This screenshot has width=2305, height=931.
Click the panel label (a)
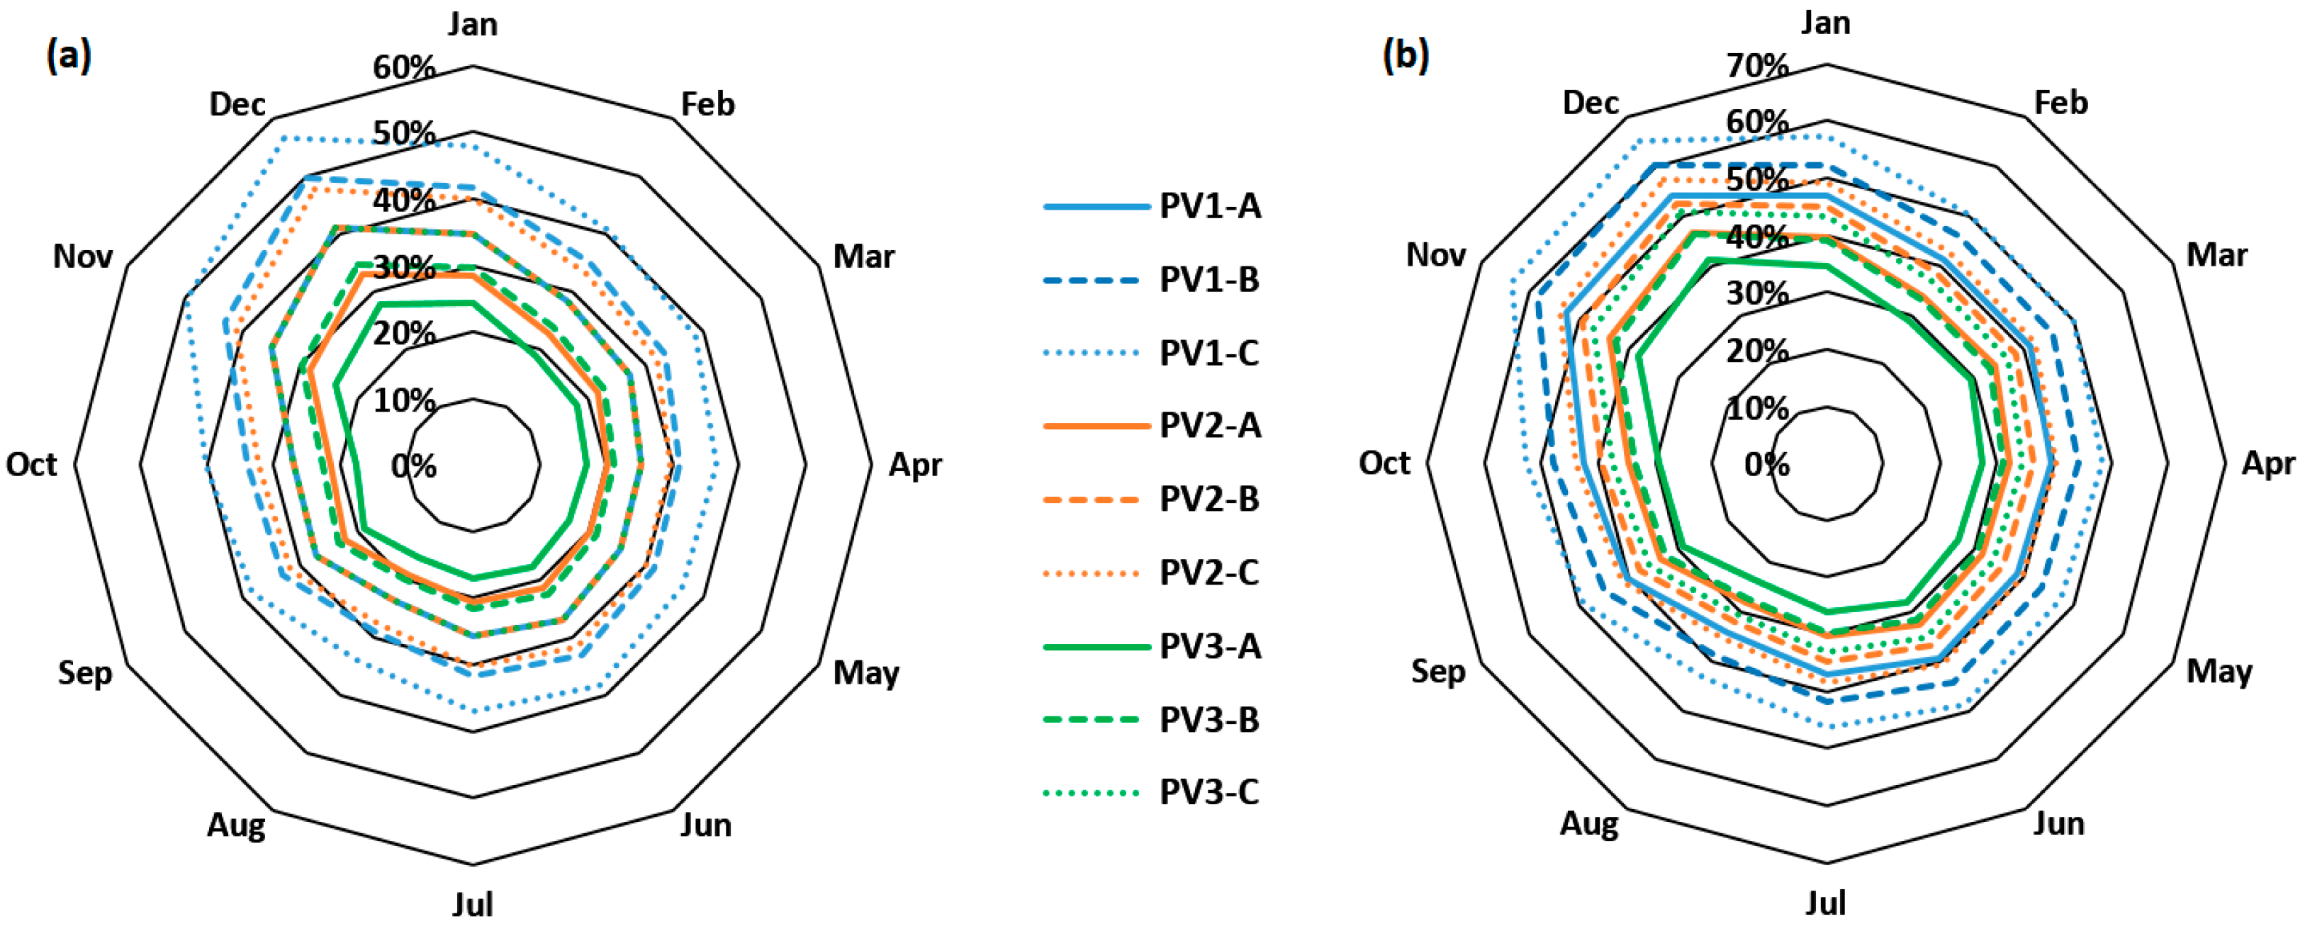click(x=68, y=57)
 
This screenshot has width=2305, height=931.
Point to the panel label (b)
click(x=1406, y=57)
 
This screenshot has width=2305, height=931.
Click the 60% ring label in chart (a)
click(x=405, y=67)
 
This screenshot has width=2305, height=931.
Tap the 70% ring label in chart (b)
click(x=1757, y=65)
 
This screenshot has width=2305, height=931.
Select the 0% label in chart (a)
click(x=413, y=466)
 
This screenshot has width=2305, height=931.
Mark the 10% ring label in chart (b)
click(x=1757, y=409)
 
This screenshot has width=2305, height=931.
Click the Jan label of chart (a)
click(x=473, y=24)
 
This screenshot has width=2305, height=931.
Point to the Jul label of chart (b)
click(x=1825, y=903)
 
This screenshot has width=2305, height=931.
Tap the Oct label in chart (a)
click(x=31, y=465)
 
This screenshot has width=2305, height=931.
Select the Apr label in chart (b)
click(x=2268, y=464)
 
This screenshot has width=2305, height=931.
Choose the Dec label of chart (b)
click(x=1590, y=103)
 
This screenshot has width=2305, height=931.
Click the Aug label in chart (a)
click(x=236, y=825)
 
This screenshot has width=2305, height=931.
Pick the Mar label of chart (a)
click(x=863, y=256)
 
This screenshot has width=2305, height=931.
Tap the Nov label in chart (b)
click(x=1435, y=256)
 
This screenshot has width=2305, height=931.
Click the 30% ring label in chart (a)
click(x=405, y=266)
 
